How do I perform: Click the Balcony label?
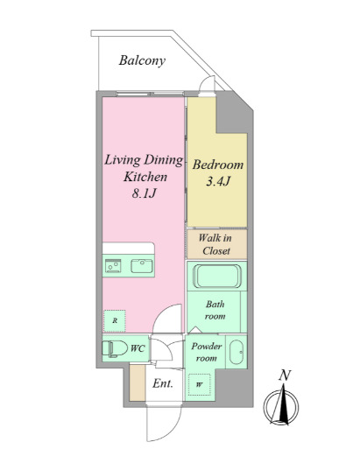[x=142, y=60]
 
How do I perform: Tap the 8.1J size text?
[x=145, y=193]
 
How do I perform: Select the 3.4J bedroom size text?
[x=218, y=181]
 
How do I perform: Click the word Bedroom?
[x=218, y=165]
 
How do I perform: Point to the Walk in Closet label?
[x=216, y=244]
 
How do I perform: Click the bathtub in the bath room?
[x=216, y=276]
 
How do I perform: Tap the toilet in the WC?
[x=115, y=348]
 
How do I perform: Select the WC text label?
[x=138, y=348]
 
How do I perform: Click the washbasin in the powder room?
[x=236, y=352]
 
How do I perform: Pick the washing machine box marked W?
[x=199, y=384]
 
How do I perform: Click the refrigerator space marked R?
[x=115, y=320]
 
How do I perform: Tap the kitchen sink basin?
[x=142, y=266]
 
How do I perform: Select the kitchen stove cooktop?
[x=113, y=266]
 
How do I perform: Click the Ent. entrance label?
[x=163, y=383]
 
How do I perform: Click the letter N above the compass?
[x=285, y=375]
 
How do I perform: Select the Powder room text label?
[x=207, y=352]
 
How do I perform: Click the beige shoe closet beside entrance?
[x=138, y=382]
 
